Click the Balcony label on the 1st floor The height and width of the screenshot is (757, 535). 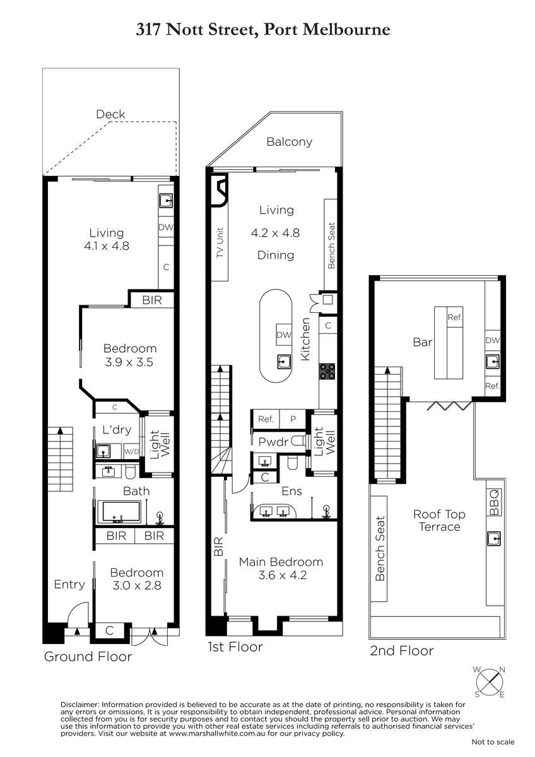[x=289, y=142]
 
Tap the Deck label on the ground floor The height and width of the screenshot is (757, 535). [x=110, y=114]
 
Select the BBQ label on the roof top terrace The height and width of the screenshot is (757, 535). [x=494, y=503]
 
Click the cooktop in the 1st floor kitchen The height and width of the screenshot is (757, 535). [x=327, y=372]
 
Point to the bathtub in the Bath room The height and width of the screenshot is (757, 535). [x=119, y=512]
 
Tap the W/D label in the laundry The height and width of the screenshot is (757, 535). [x=131, y=452]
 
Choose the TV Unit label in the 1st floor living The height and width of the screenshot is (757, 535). [x=220, y=243]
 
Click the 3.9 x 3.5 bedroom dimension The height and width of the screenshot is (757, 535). [x=129, y=362]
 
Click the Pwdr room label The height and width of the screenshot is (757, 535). [x=273, y=442]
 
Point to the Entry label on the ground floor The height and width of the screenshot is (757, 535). [x=69, y=584]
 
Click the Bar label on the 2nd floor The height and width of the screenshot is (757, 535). [x=423, y=342]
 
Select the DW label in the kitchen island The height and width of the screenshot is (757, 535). [x=284, y=334]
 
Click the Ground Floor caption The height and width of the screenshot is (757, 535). [x=88, y=656]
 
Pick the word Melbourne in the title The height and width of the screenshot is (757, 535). [x=346, y=30]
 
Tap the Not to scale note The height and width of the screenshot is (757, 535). [x=493, y=742]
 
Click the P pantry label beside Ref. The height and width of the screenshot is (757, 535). [x=293, y=419]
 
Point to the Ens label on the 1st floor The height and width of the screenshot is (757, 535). [x=291, y=491]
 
